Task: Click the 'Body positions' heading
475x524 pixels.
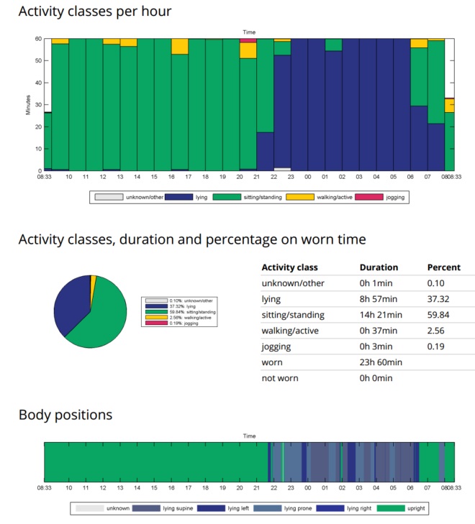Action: coord(65,415)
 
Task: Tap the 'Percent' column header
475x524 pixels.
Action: coord(443,267)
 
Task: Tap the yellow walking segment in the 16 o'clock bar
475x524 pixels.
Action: coord(179,46)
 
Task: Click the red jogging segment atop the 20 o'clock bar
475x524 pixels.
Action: coord(248,41)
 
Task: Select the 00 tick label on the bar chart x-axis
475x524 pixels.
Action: coord(307,176)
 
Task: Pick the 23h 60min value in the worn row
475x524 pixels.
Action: coord(380,362)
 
